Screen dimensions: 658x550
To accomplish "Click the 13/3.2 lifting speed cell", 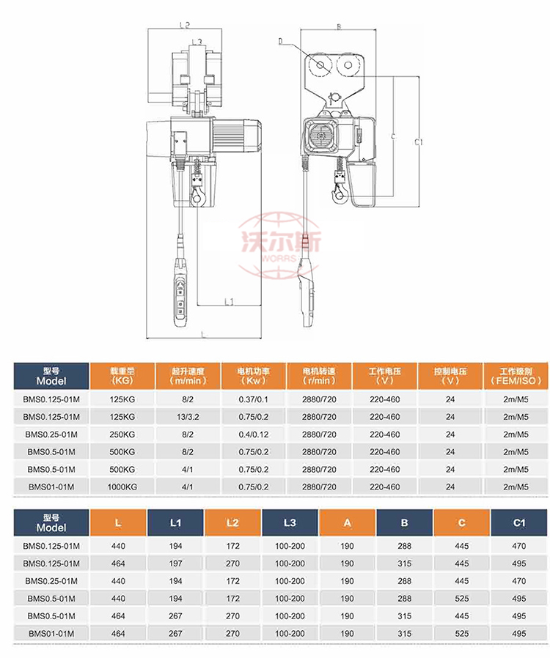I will coord(187,417).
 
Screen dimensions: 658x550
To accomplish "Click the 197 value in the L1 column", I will coord(175,563).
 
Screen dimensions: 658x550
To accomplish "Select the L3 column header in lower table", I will coord(290,523).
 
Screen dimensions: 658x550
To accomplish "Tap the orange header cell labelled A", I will coord(347,523).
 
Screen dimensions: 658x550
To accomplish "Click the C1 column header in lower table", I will coord(519,523).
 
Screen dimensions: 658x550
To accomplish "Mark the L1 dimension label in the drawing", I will coord(228,301).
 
